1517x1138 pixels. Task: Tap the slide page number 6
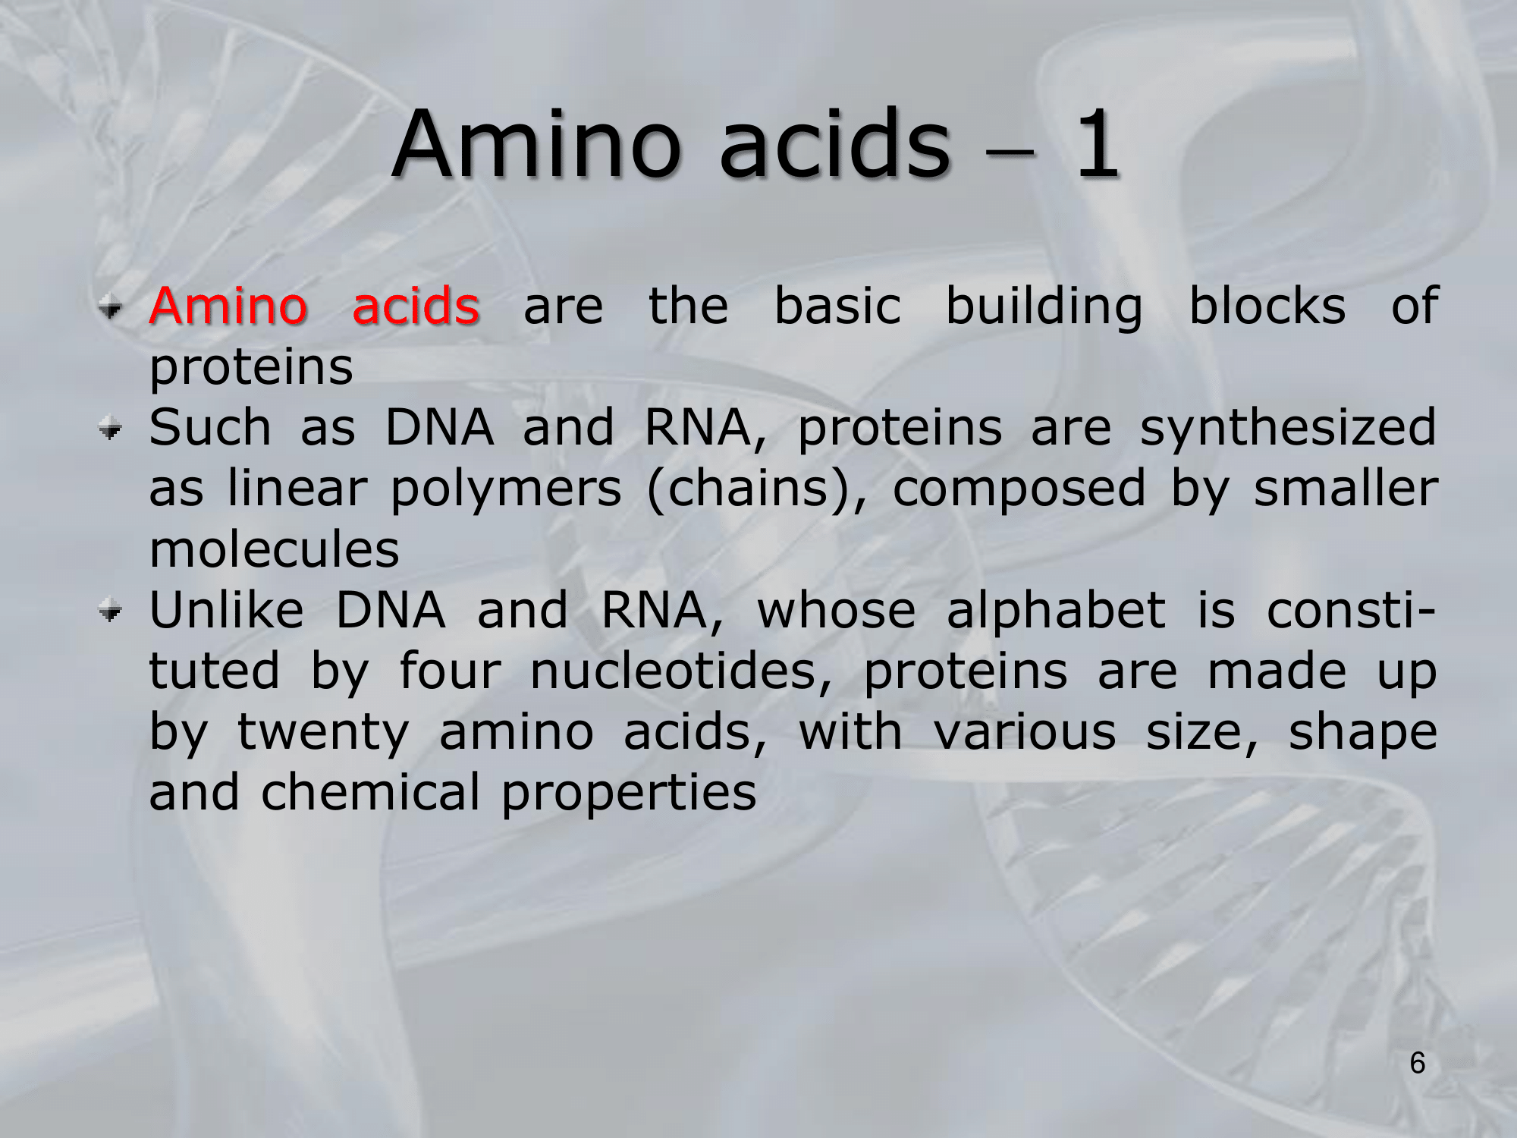1418,1064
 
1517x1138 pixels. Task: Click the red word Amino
228,305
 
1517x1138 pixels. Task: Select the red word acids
416,305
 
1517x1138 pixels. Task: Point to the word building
1044,307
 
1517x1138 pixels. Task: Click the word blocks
1267,305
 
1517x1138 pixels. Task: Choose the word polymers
506,489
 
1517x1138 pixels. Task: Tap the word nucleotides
681,671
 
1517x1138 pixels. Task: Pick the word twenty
323,734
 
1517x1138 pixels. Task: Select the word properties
629,794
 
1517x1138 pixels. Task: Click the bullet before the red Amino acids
111,308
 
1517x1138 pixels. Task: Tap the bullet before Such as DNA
111,430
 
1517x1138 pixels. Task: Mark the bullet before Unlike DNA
111,612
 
